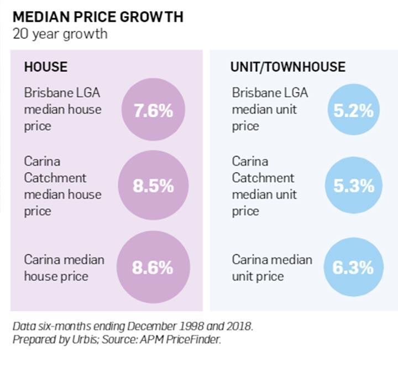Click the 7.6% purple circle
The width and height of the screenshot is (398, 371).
(x=153, y=111)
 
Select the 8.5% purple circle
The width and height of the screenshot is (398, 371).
(x=153, y=186)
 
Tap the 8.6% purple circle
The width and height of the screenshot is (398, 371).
(x=153, y=267)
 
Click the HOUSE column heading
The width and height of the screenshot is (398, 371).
(x=45, y=68)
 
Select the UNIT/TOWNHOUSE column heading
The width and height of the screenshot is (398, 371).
(x=287, y=68)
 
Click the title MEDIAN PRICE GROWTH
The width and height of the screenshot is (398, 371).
(x=97, y=17)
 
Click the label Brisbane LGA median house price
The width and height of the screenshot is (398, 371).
(x=62, y=109)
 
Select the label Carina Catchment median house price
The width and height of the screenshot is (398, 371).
(x=62, y=186)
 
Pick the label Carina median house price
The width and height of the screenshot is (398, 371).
(x=64, y=267)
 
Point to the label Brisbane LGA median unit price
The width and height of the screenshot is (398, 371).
(x=270, y=109)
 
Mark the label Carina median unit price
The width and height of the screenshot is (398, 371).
(x=271, y=267)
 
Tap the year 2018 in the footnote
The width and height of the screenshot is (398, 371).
(x=238, y=326)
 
